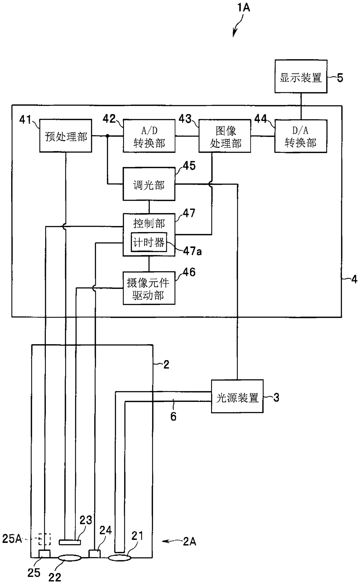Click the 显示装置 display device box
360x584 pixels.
[x=301, y=76]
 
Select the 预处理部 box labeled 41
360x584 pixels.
[x=66, y=136]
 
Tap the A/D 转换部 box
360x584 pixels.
[x=149, y=136]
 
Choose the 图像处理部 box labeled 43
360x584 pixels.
[x=225, y=136]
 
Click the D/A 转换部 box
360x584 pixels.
[x=301, y=136]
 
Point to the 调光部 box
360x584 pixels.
[x=149, y=184]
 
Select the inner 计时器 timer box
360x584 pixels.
[x=149, y=242]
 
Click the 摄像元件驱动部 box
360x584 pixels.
[x=149, y=288]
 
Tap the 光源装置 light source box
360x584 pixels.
[x=237, y=396]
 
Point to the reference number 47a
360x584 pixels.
[x=192, y=251]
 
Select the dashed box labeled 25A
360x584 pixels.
[x=45, y=539]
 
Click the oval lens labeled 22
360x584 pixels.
[x=70, y=558]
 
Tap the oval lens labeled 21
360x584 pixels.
[x=120, y=558]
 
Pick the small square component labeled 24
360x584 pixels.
[x=94, y=554]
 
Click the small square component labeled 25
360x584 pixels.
[x=44, y=554]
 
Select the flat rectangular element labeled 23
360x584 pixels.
[x=70, y=542]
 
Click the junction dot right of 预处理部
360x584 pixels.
[x=107, y=136]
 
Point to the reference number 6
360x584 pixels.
[x=173, y=417]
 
